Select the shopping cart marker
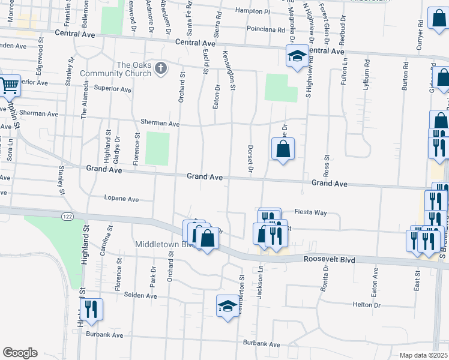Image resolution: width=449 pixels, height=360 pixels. tap(8, 86)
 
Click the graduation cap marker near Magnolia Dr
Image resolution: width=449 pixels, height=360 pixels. tap(296, 56)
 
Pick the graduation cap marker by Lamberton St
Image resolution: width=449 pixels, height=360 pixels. tap(228, 306)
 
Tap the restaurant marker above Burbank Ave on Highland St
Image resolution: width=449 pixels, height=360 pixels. tap(91, 310)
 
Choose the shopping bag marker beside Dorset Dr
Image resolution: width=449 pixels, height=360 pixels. tap(283, 149)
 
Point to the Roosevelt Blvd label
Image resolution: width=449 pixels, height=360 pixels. tap(329, 260)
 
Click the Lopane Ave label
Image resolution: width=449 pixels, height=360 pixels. tap(121, 199)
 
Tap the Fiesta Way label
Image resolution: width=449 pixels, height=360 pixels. tap(310, 212)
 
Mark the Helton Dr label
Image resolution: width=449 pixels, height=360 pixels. tap(367, 305)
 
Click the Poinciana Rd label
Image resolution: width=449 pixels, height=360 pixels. tap(265, 29)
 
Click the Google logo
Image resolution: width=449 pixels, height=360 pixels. tap(20, 353)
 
